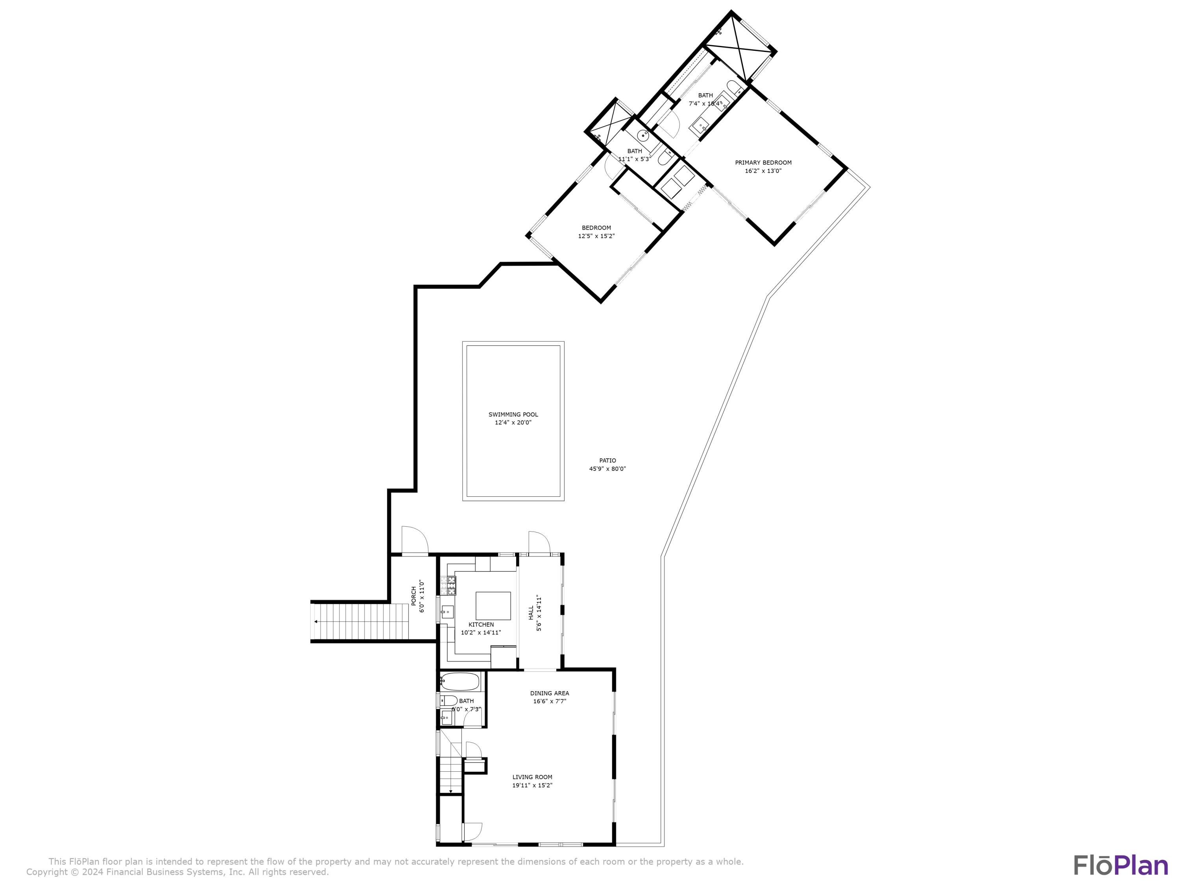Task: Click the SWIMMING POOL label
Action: (x=513, y=415)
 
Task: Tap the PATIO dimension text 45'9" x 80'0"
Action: (x=607, y=469)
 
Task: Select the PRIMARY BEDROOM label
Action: (x=763, y=163)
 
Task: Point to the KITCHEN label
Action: (x=481, y=625)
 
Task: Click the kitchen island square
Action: (x=493, y=605)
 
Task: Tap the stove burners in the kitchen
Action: (x=448, y=585)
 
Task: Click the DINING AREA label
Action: (x=550, y=693)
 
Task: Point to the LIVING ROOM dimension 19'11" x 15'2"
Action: (x=532, y=785)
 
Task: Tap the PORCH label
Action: (x=414, y=596)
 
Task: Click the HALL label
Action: (x=531, y=612)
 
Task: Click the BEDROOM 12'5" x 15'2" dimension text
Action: (x=596, y=236)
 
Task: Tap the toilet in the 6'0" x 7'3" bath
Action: (x=448, y=701)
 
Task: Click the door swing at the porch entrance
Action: (x=415, y=539)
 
